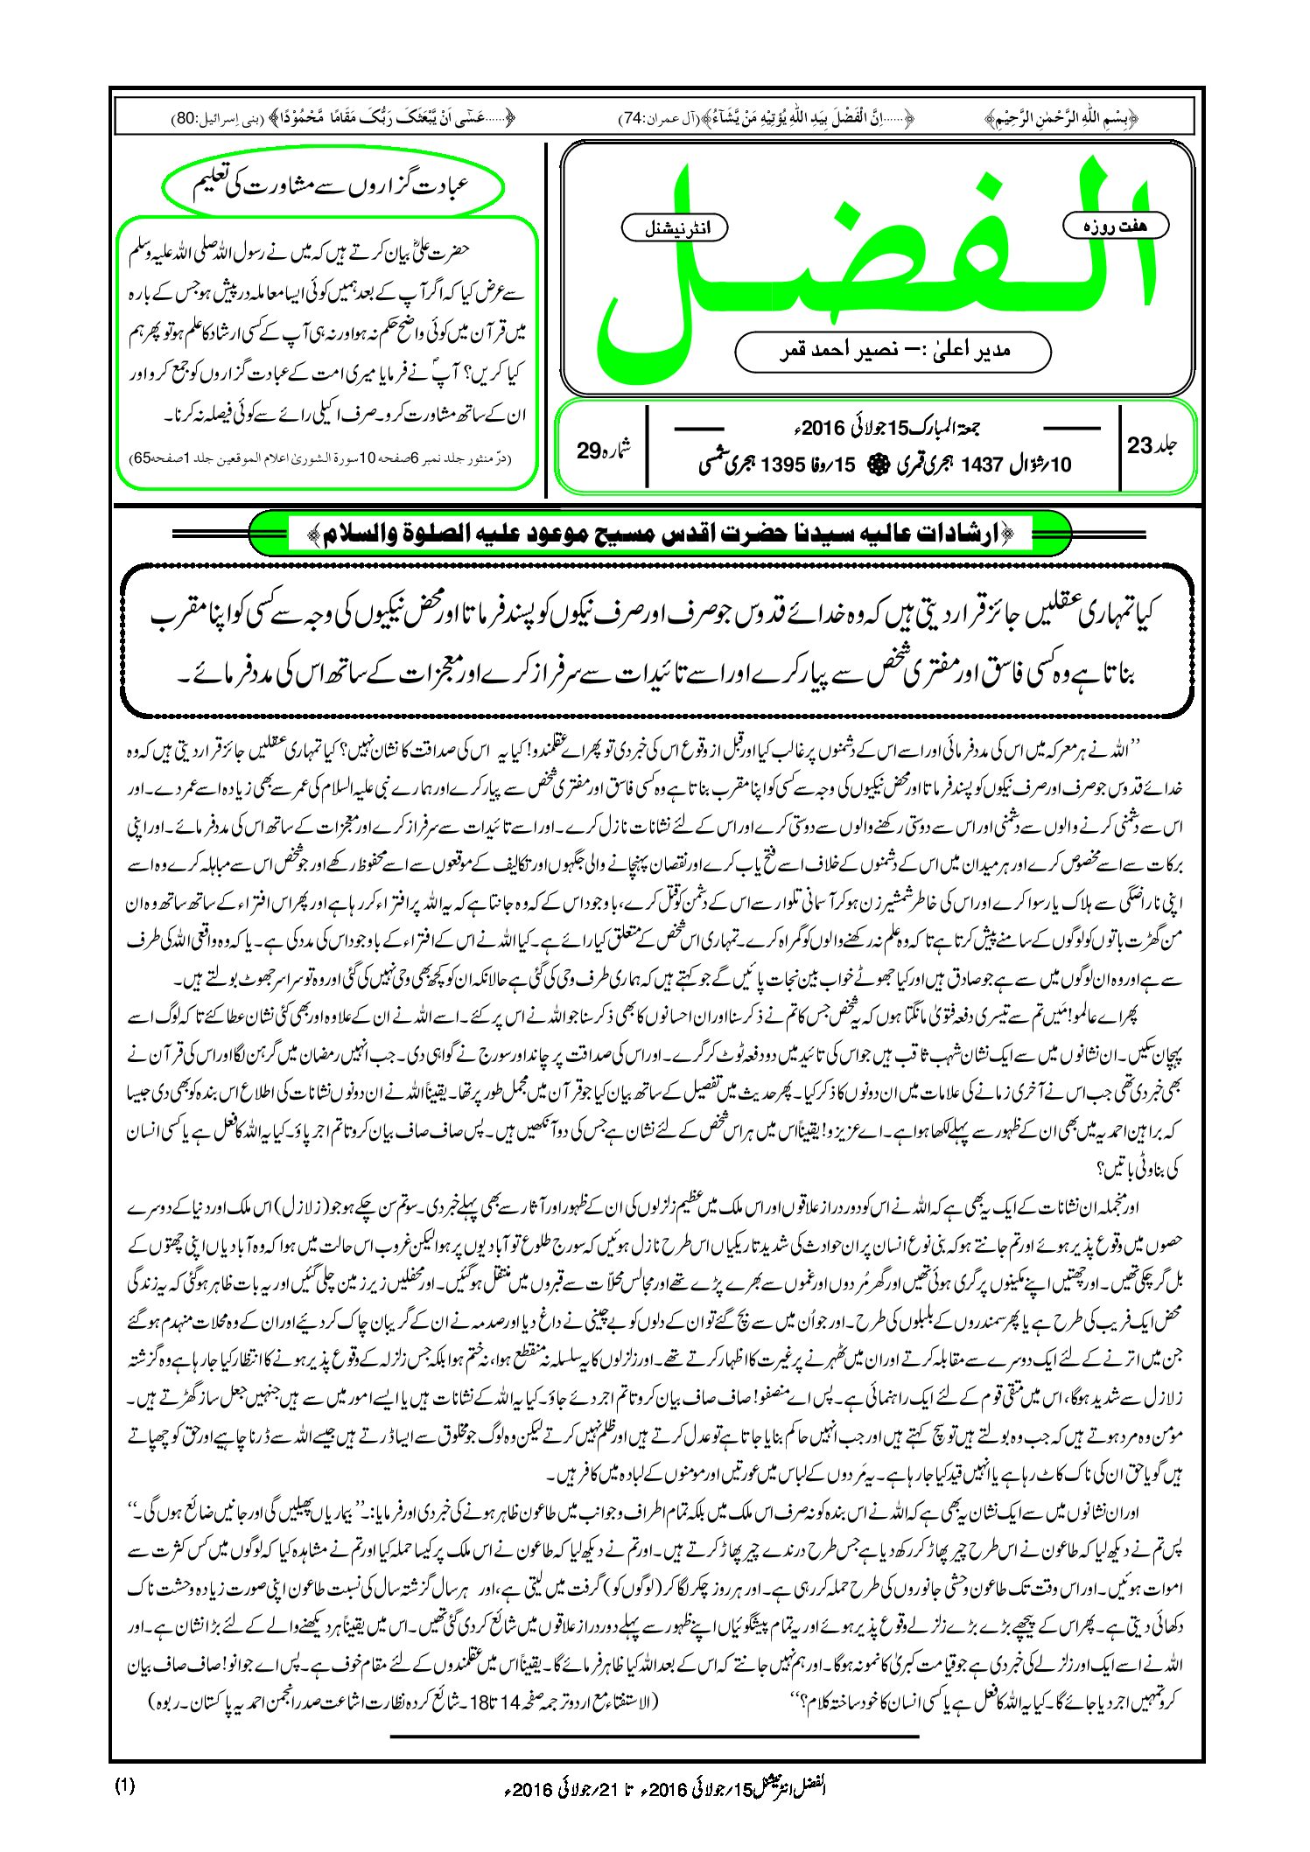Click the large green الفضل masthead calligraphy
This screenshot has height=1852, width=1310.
coord(875,262)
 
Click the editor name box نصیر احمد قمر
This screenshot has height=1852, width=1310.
coord(893,351)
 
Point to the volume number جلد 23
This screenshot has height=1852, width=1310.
coord(1152,445)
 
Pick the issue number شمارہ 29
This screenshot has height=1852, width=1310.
coord(603,450)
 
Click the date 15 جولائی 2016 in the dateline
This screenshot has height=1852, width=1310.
coord(885,428)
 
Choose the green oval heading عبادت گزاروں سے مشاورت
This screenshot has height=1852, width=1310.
coord(333,186)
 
